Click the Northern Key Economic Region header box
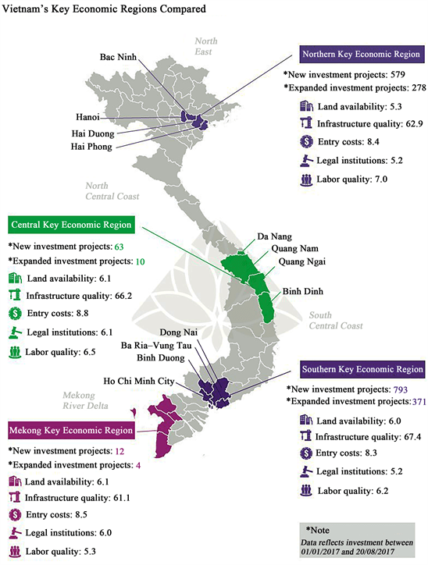pos(362,55)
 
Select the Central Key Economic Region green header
pos(72,225)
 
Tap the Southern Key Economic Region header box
pos(362,369)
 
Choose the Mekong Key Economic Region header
pos(70,430)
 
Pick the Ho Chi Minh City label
pos(125,382)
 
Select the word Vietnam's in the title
pos(30,12)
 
